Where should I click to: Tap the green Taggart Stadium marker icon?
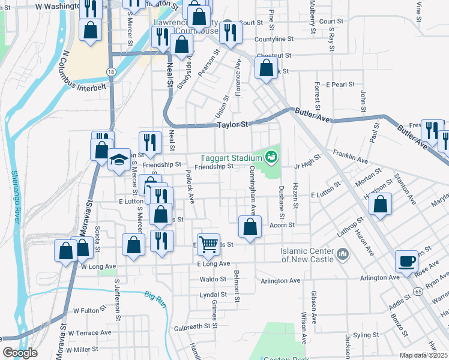coord(271,157)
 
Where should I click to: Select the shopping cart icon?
coord(208,244)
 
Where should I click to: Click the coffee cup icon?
coord(406,262)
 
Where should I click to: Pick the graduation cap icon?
coord(119,160)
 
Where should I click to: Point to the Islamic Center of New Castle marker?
coord(343,254)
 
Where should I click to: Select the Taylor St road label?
coord(232,125)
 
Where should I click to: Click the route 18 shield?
coord(111,71)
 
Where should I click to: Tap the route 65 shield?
coord(416,292)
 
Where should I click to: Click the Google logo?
coord(20,353)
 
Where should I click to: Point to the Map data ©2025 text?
coord(423,355)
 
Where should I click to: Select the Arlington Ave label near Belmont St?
coord(280,280)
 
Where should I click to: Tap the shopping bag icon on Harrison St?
coord(381,204)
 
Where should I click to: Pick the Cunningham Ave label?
coord(253,191)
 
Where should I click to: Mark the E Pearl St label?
coord(340,85)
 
